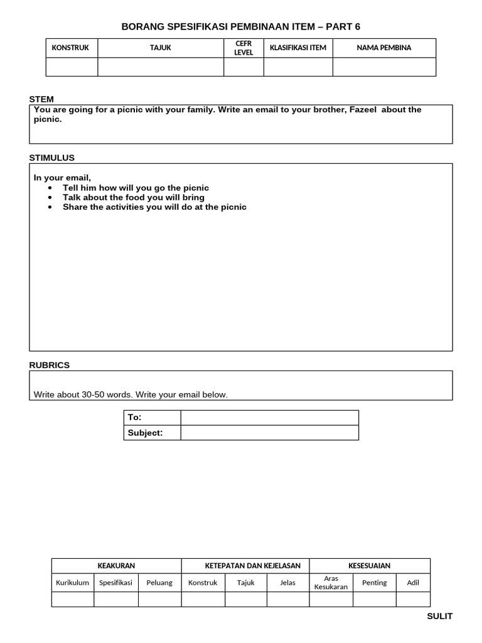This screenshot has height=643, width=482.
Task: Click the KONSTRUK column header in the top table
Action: click(x=70, y=48)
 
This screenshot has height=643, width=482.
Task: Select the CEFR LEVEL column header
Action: click(x=244, y=48)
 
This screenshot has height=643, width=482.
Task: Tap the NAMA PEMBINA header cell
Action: click(x=384, y=48)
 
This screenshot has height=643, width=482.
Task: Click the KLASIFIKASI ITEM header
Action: click(x=298, y=48)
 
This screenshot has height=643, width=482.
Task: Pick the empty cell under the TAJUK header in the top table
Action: click(x=161, y=67)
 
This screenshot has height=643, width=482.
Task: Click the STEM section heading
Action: click(x=41, y=99)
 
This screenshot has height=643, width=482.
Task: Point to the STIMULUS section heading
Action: click(x=51, y=158)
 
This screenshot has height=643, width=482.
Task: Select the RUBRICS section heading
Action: click(x=50, y=365)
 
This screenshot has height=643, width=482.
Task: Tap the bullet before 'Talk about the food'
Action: click(x=50, y=198)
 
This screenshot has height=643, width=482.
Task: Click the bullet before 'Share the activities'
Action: click(x=50, y=207)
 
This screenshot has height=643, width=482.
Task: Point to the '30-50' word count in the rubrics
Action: click(x=94, y=395)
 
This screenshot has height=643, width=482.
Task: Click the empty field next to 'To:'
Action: click(x=270, y=418)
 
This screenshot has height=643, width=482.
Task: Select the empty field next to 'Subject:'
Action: click(x=270, y=433)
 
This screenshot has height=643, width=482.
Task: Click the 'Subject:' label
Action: click(x=145, y=433)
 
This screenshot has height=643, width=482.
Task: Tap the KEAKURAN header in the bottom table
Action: click(x=116, y=566)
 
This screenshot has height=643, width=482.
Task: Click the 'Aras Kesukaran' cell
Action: click(x=331, y=583)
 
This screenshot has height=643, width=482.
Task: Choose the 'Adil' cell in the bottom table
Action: click(x=413, y=583)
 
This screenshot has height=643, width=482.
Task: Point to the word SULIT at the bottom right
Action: click(x=439, y=616)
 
